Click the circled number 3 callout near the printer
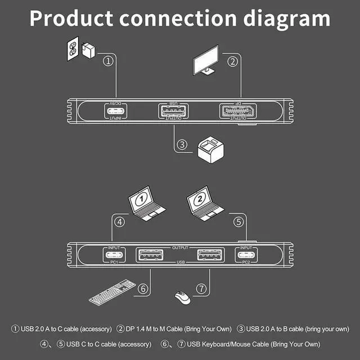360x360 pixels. tap(181, 145)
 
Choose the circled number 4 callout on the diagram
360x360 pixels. tap(119, 221)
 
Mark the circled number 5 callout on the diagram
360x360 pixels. tap(238, 221)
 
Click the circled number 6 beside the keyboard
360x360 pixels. tap(143, 289)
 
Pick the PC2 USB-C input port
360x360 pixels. tap(245, 255)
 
